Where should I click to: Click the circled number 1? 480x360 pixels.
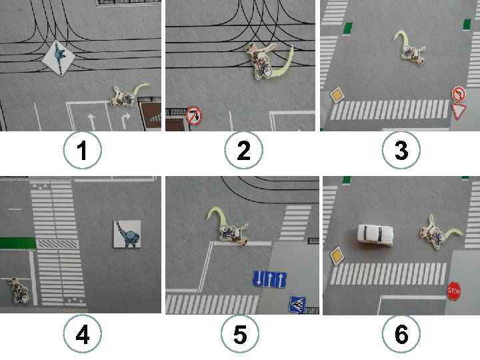click(x=83, y=150)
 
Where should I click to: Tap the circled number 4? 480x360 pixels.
click(x=83, y=334)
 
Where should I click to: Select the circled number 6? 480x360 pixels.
click(x=401, y=334)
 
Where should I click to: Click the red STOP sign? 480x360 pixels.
click(x=453, y=291)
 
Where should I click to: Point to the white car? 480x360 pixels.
click(x=375, y=235)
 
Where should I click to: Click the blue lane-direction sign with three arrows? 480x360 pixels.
click(x=269, y=279)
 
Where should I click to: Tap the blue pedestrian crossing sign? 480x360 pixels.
click(x=297, y=304)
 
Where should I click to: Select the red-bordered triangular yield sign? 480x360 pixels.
click(x=458, y=111)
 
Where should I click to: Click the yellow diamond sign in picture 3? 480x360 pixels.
click(x=337, y=95)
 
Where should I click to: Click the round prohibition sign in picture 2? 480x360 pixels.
click(x=194, y=116)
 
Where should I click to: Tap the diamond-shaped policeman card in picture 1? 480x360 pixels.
click(x=59, y=57)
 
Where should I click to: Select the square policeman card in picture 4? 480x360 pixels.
click(x=127, y=233)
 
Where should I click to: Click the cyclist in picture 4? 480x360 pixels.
click(x=19, y=291)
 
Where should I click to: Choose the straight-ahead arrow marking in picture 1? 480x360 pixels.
click(x=91, y=121)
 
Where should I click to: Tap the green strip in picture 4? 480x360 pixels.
click(x=18, y=243)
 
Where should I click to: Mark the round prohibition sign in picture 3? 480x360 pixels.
click(x=459, y=94)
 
